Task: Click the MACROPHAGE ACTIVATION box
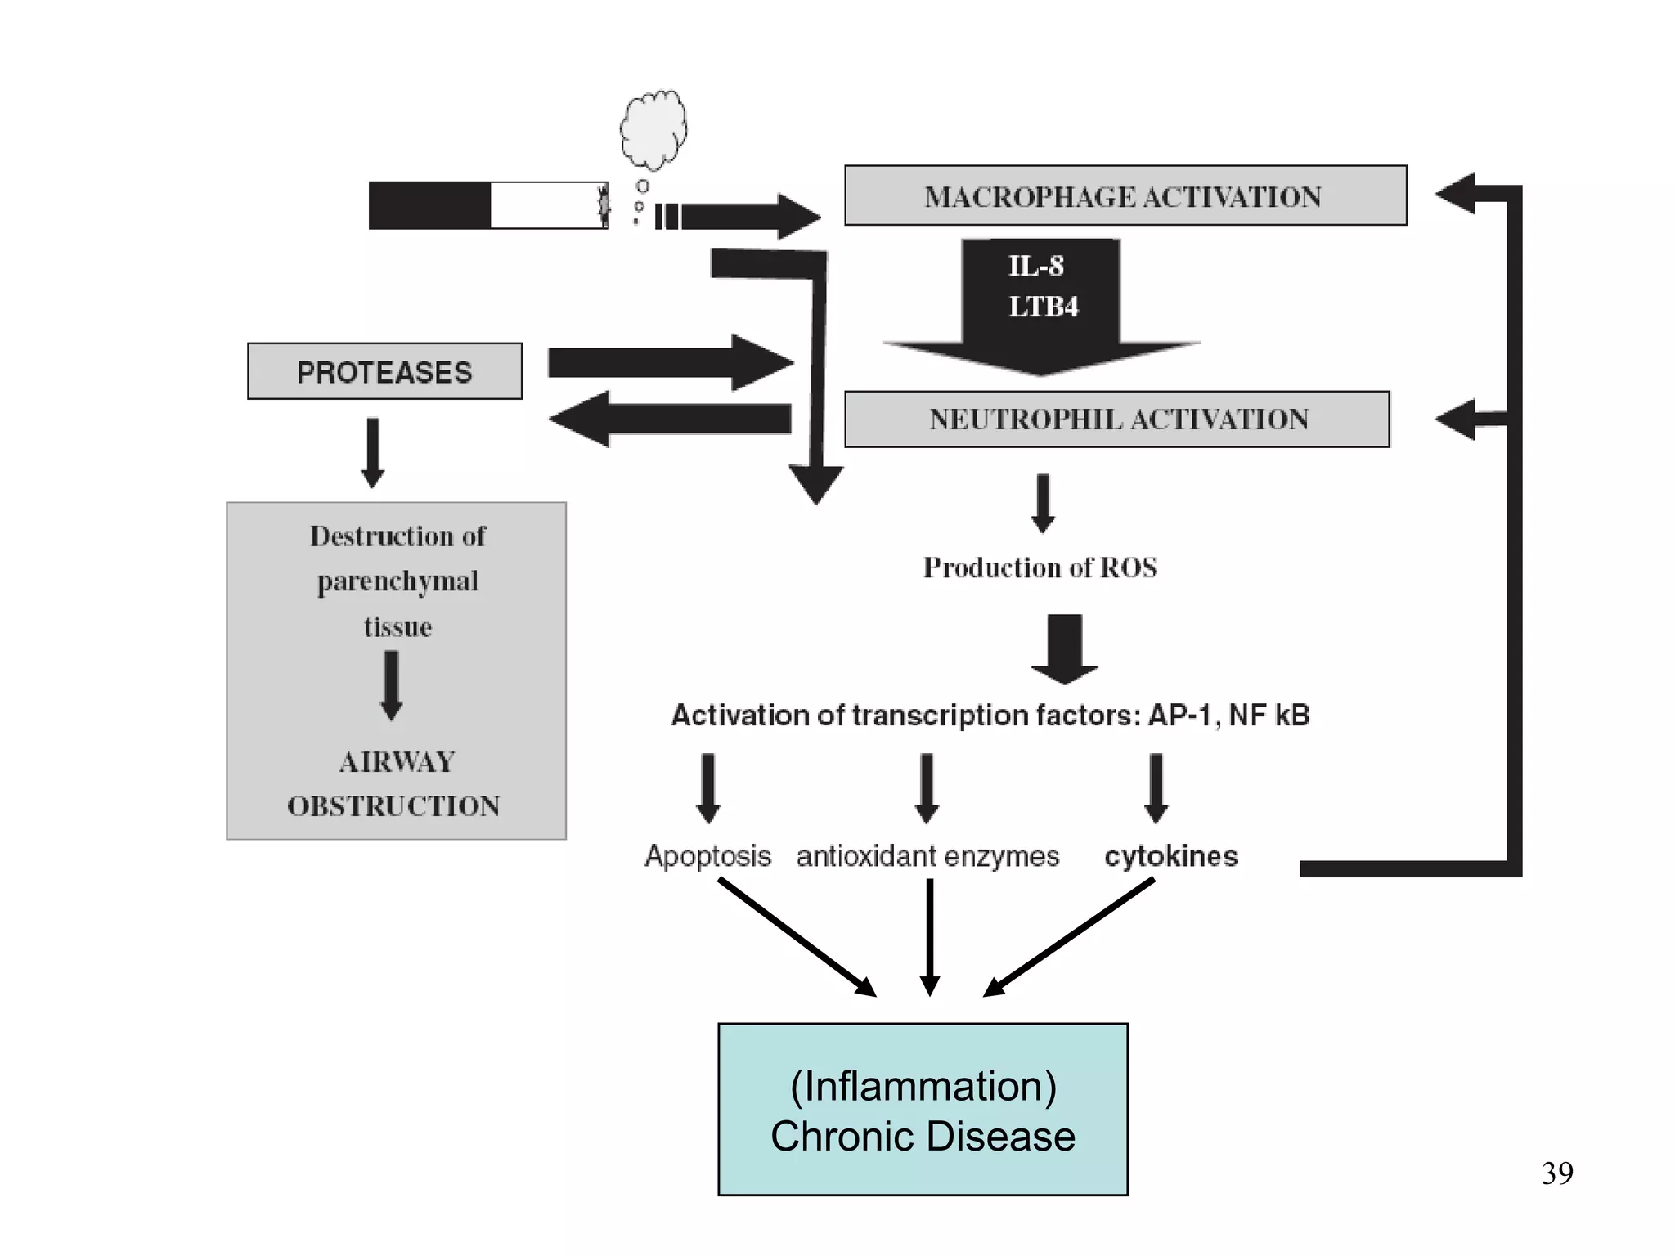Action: point(1125,196)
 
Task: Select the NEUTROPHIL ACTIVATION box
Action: point(1116,419)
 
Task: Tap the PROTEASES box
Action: point(384,372)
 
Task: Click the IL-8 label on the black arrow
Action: point(1035,266)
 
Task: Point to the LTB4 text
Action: point(1043,307)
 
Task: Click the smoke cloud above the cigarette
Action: point(653,128)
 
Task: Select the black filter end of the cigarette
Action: point(429,205)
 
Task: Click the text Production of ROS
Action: point(1040,567)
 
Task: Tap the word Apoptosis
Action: point(707,856)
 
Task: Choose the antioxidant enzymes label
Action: point(927,856)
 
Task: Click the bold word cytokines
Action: point(1171,856)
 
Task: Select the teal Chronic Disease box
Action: point(923,1110)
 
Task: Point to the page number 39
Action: point(1557,1173)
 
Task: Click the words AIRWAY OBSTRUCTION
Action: point(394,783)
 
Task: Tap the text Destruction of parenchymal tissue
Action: point(397,581)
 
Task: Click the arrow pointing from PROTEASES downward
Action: point(373,452)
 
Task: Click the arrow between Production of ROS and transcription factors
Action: point(1064,648)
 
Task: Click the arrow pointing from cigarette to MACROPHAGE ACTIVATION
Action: point(748,217)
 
